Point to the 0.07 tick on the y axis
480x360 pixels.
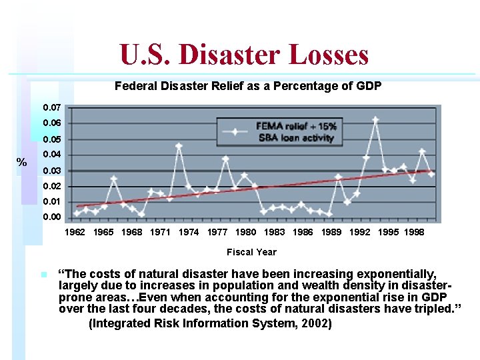coord(51,108)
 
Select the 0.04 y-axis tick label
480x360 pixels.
coord(51,155)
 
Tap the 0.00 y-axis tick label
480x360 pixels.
coord(51,217)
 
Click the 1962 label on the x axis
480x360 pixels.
coord(74,233)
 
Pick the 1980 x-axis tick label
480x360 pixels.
coord(246,233)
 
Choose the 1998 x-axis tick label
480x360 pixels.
coord(413,233)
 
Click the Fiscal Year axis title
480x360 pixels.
coord(251,252)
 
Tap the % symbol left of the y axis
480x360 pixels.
coord(22,163)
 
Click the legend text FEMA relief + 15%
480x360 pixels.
coord(296,127)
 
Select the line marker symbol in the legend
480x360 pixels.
coord(235,132)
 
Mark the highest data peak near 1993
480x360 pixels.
coord(375,120)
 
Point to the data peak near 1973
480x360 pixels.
coord(179,146)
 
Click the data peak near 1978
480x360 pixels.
coord(225,159)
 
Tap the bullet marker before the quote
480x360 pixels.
coord(43,275)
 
